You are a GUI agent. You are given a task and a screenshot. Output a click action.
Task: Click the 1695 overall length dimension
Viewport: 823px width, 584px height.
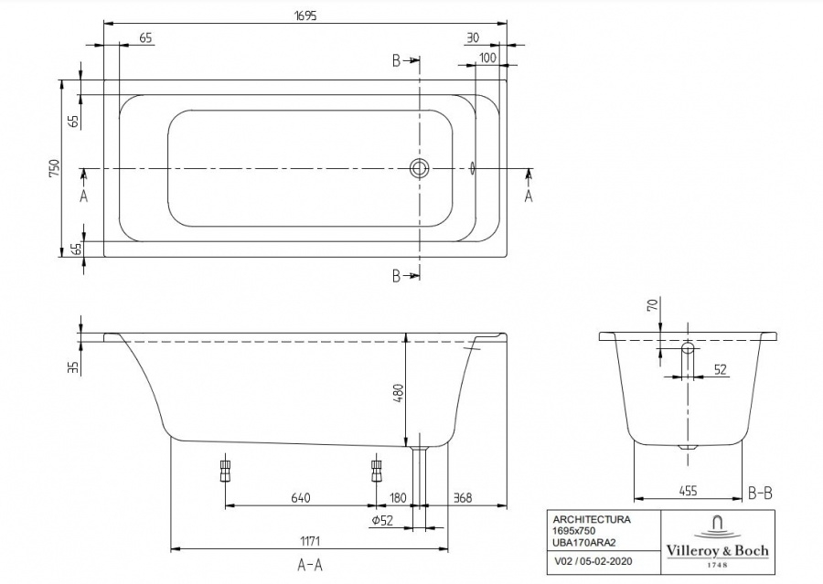[x=305, y=16]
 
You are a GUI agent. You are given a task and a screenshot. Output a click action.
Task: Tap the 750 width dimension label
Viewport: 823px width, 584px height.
[x=55, y=168]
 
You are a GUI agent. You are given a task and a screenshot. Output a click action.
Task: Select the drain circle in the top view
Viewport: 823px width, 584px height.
[x=419, y=168]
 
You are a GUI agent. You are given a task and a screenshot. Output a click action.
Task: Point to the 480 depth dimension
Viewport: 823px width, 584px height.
[x=398, y=393]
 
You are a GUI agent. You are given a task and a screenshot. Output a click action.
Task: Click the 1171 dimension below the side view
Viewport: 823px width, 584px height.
[x=309, y=540]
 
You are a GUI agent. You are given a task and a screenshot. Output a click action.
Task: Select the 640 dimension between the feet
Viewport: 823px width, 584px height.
[x=301, y=497]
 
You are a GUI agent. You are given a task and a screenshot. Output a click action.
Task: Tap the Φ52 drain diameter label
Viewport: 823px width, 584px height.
[x=382, y=521]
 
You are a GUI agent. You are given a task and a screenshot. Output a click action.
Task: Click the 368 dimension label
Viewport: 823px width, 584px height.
[x=463, y=497]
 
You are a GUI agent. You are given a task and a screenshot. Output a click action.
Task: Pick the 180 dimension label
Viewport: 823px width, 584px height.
[x=398, y=497]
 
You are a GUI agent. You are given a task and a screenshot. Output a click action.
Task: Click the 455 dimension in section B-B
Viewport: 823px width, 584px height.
[x=688, y=491]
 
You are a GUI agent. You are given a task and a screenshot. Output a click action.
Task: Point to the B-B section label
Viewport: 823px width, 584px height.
[x=760, y=493]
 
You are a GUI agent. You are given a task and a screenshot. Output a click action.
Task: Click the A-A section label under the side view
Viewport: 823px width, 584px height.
[x=310, y=565]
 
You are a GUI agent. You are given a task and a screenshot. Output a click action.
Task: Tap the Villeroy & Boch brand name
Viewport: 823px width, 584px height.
[x=717, y=550]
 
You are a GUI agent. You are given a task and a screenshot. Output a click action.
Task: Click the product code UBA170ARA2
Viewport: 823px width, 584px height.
[x=584, y=541]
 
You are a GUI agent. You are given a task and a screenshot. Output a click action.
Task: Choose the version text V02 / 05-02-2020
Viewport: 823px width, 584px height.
[x=593, y=561]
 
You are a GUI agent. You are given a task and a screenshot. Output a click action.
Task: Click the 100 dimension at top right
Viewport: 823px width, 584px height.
[x=487, y=58]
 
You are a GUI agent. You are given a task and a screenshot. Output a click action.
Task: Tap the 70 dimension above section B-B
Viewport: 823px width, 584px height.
[x=652, y=305]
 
